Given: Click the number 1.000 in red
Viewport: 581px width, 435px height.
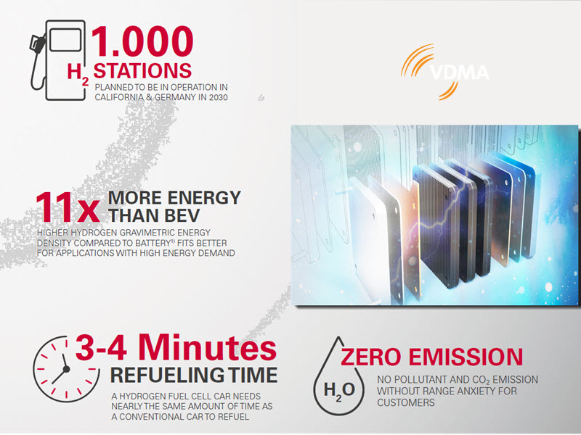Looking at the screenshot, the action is point(142,41).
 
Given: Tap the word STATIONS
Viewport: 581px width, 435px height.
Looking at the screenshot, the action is point(142,70).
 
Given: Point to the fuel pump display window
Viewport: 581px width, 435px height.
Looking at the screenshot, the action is point(65,40).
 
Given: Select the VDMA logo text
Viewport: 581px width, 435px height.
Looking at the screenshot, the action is point(460,72).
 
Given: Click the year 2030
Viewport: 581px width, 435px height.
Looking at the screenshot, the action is point(218,97).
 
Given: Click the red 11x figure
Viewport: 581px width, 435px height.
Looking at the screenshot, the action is point(68,207).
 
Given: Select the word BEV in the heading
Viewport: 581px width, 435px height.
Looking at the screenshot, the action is point(182,215).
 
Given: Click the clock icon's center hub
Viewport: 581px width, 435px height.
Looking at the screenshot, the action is point(66,369).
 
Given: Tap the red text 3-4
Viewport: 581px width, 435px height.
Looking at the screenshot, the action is point(101,347).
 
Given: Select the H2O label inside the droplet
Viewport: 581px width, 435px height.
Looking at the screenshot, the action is point(339,390).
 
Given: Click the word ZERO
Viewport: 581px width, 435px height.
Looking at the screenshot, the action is point(371,357).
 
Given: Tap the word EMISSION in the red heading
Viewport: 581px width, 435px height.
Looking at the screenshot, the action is point(466,357).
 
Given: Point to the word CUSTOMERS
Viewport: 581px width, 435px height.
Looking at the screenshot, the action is point(406,402).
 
